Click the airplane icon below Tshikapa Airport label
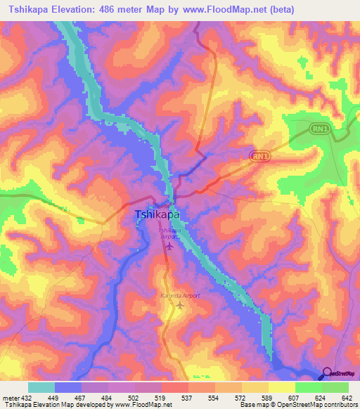tap(168, 247)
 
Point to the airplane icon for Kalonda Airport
tap(181, 306)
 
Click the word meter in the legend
tap(11, 398)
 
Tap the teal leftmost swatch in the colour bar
tap(41, 387)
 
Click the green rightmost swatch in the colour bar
tap(335, 387)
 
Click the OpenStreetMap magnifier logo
tap(327, 372)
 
